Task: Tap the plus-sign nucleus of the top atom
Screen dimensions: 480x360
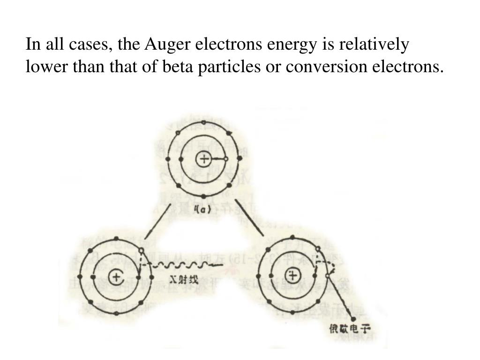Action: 204,159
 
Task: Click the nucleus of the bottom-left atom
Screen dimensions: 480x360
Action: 116,277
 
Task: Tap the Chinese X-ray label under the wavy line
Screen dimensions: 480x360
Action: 184,281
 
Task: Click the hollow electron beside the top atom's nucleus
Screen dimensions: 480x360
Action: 226,159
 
